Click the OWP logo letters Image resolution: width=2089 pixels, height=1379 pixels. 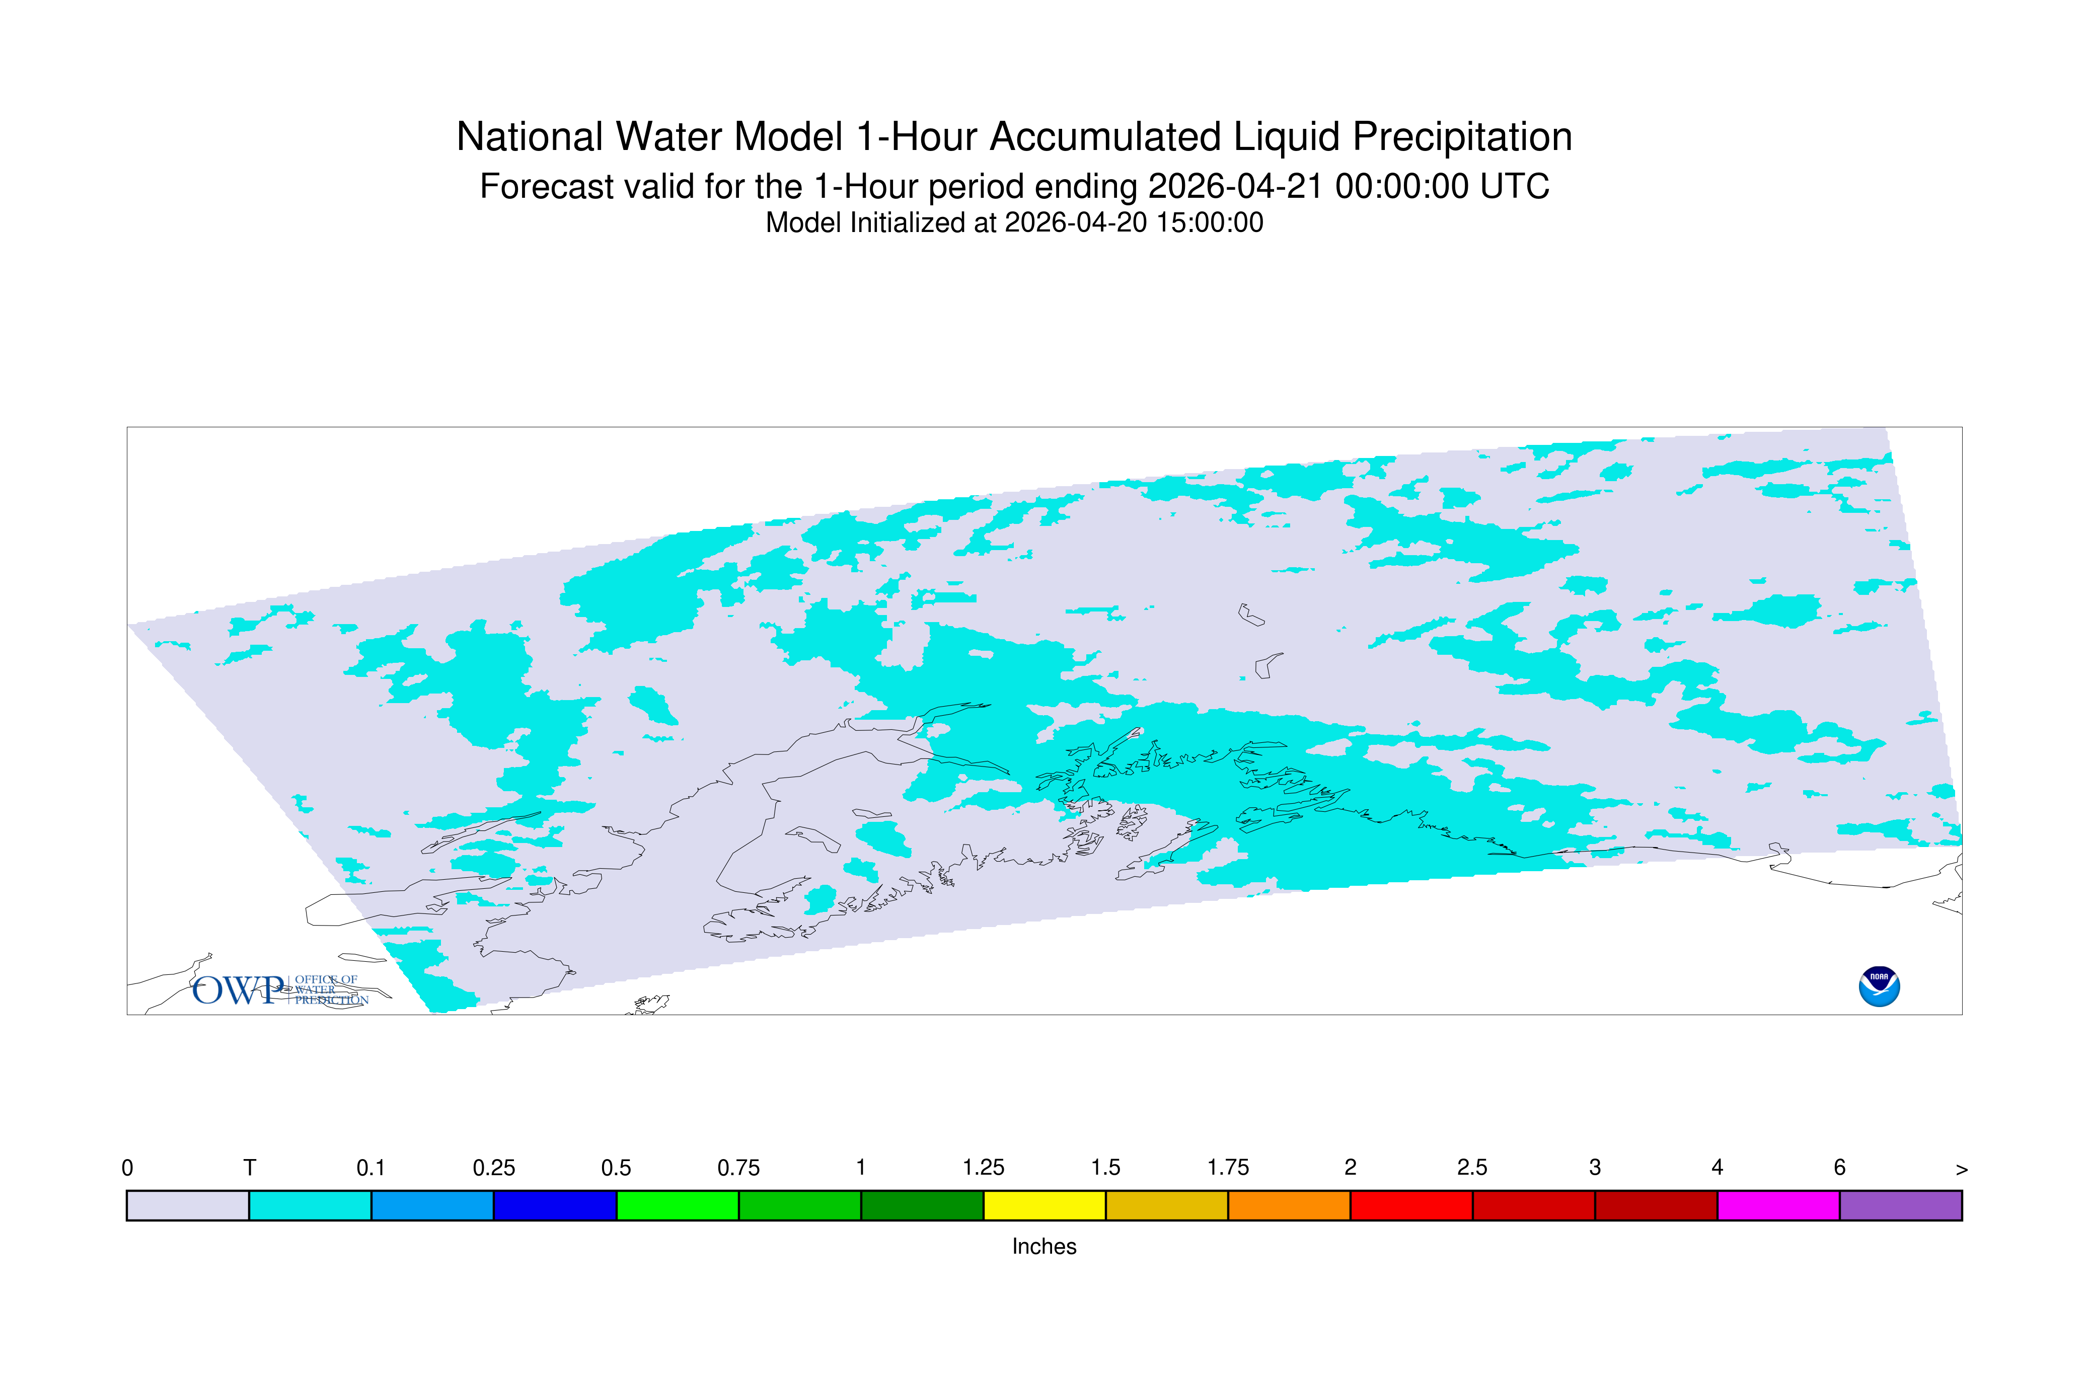pyautogui.click(x=239, y=990)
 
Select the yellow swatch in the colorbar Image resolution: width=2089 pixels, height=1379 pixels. pyautogui.click(x=1044, y=1206)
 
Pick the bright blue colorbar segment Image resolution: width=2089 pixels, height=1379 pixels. pyautogui.click(x=432, y=1206)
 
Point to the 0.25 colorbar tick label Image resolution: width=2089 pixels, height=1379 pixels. pyautogui.click(x=493, y=1168)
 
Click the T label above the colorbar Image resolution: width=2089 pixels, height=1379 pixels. pyautogui.click(x=250, y=1168)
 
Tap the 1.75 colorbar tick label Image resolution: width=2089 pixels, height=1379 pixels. pyautogui.click(x=1228, y=1168)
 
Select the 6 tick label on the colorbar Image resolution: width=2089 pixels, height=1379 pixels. pyautogui.click(x=1839, y=1168)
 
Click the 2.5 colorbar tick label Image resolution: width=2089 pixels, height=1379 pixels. pyautogui.click(x=1472, y=1168)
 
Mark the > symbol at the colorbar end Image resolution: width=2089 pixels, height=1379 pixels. pyautogui.click(x=1962, y=1170)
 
